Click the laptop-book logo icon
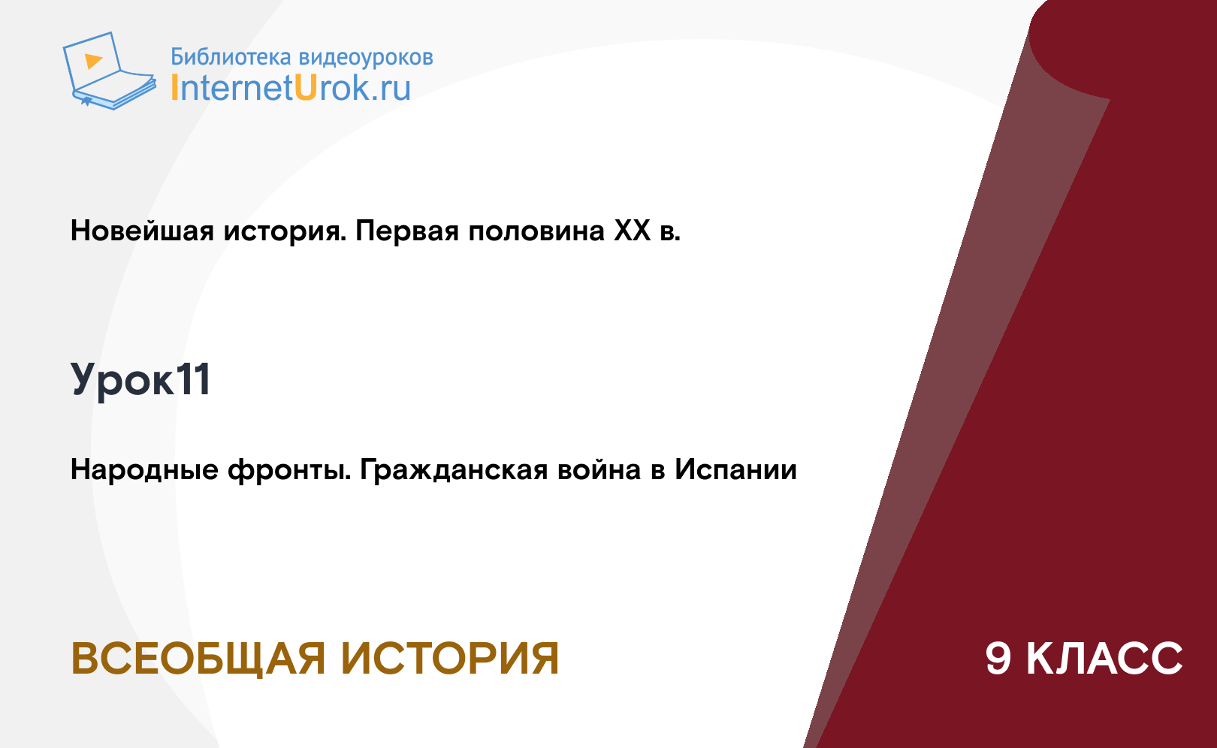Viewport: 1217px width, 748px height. pos(110,71)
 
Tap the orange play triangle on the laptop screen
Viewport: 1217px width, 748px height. pos(93,61)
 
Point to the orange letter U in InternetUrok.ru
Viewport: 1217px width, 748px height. pos(306,87)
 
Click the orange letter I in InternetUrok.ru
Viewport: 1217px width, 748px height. pos(174,87)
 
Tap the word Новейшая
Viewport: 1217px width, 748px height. pos(142,231)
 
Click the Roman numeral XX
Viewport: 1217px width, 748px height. pos(633,231)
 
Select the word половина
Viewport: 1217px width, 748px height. pos(536,231)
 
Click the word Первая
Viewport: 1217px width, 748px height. pos(407,231)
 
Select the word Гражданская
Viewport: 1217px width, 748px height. pos(454,470)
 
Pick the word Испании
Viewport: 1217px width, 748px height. pos(735,469)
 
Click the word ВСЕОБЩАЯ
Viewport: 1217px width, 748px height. pos(198,659)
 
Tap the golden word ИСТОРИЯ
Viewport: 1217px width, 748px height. pos(450,659)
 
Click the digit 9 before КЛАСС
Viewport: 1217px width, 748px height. pos(998,659)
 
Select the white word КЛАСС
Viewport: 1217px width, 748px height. pos(1104,659)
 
